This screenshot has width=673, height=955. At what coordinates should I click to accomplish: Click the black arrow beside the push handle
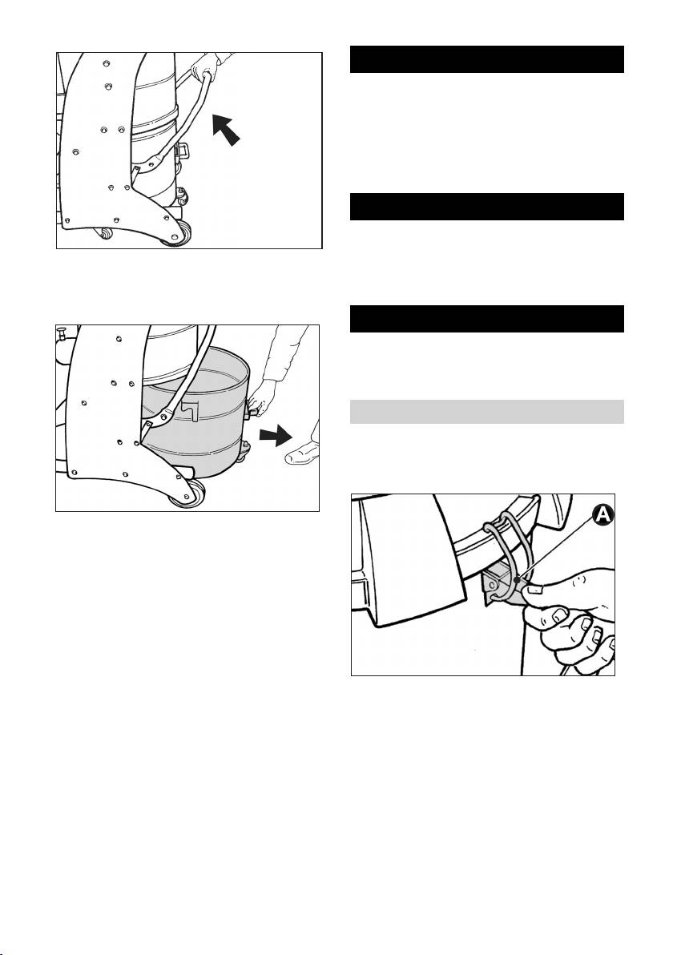(225, 129)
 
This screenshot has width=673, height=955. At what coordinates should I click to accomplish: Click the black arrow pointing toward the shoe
(276, 436)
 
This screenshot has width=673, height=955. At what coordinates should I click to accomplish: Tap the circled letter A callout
(602, 514)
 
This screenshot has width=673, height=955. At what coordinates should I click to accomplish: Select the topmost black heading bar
(486, 59)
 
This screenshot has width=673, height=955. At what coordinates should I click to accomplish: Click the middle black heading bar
(486, 207)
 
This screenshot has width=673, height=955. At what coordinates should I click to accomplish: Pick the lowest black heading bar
(486, 319)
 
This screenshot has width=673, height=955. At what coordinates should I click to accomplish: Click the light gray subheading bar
(486, 412)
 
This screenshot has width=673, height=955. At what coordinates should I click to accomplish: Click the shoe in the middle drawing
(303, 452)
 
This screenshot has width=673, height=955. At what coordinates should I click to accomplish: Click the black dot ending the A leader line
(517, 581)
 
